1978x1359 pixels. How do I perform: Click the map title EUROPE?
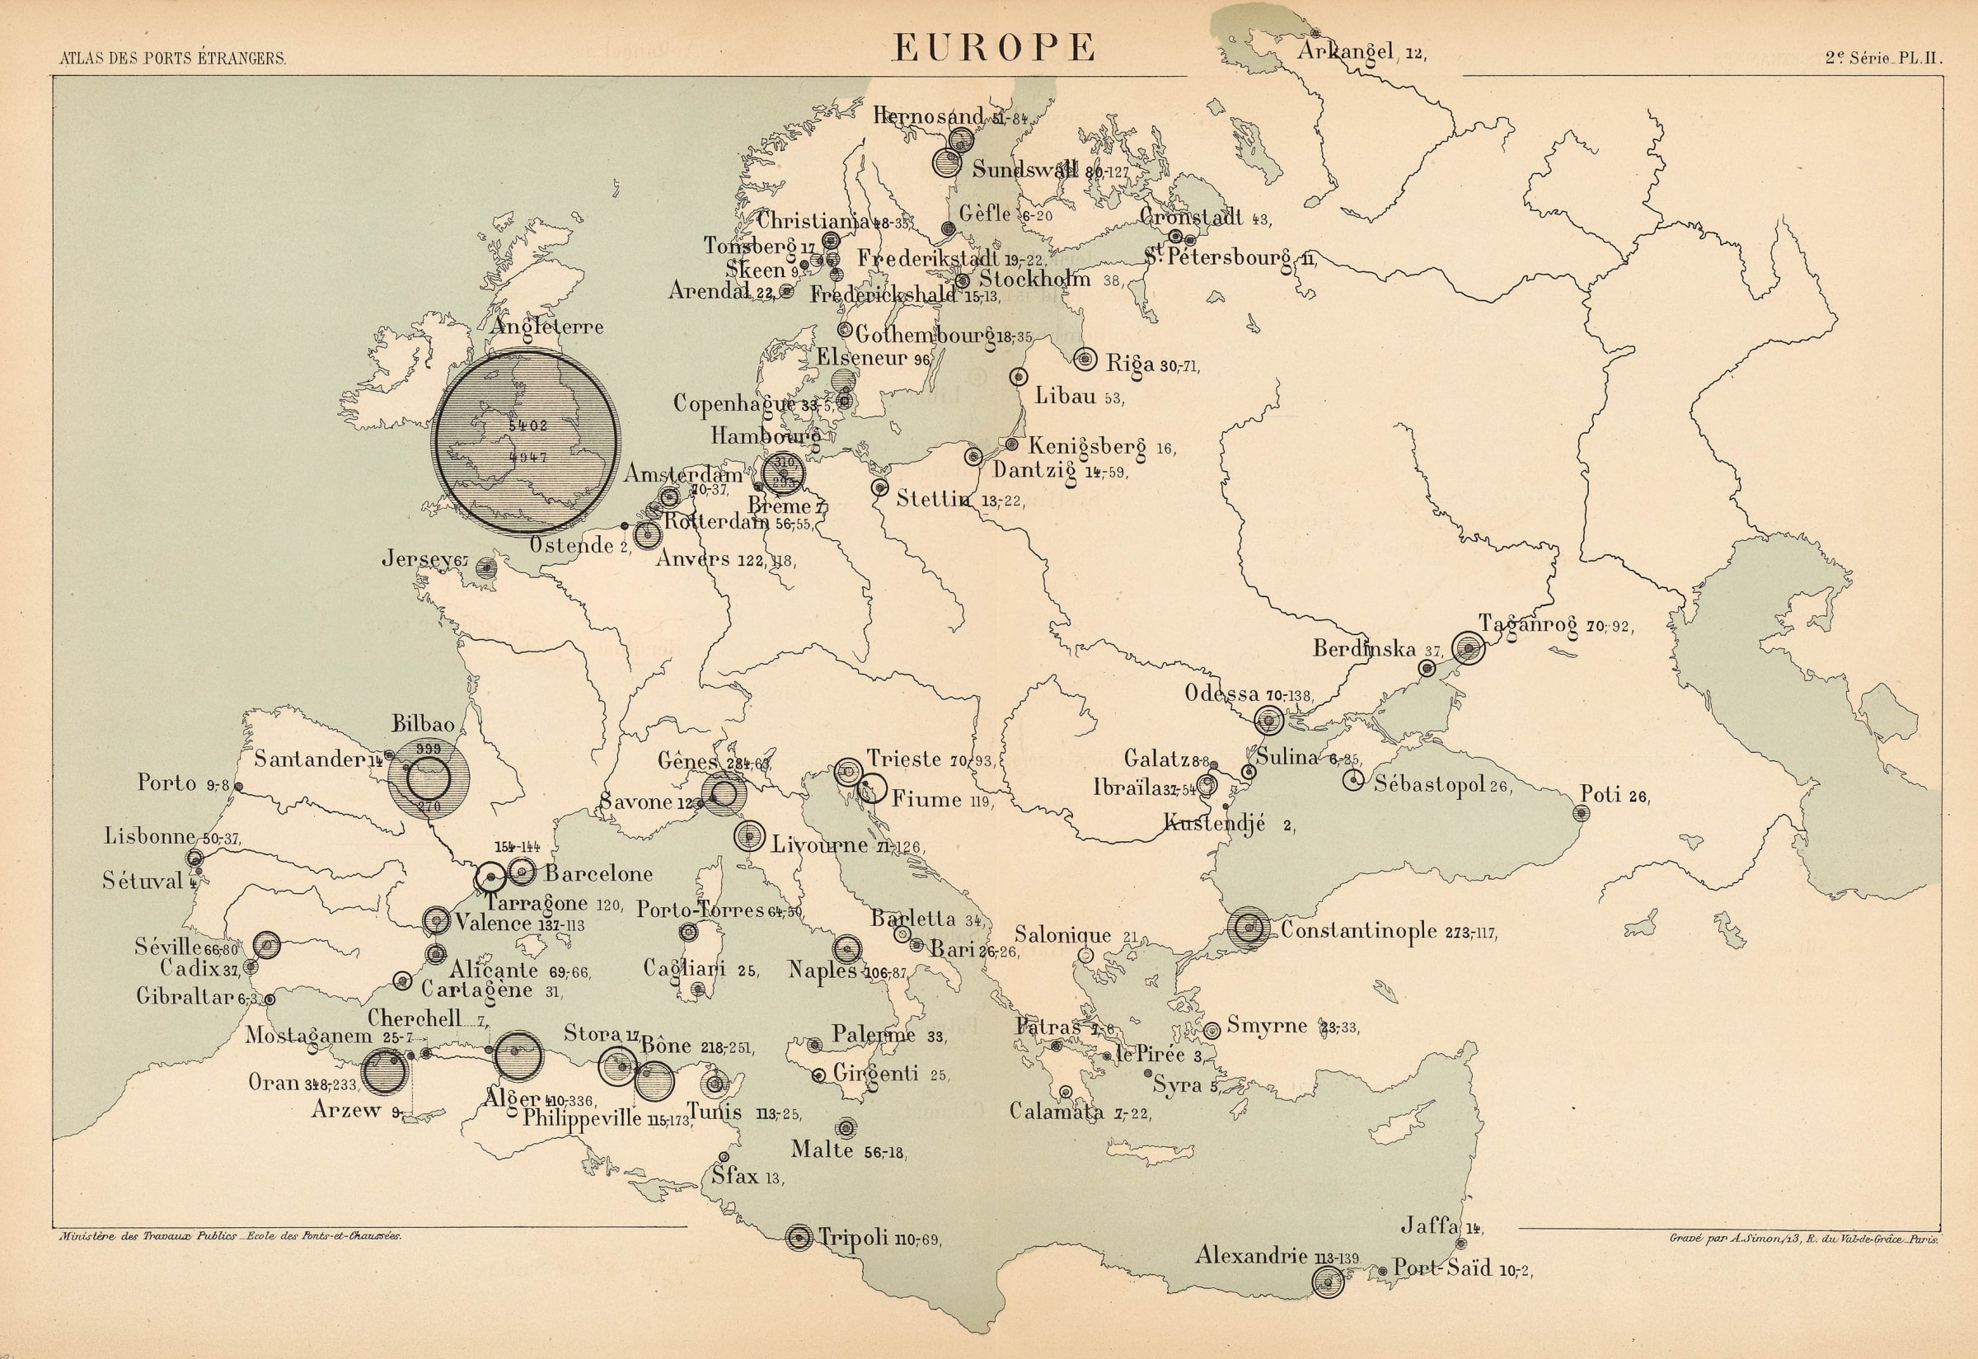pos(993,47)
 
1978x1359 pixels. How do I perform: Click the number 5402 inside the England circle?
pos(527,424)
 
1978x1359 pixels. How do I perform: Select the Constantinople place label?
pos(1358,930)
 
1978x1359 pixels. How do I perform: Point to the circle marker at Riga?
pos(1085,360)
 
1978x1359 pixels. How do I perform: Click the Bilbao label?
pos(423,724)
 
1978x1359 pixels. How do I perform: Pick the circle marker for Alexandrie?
pos(1327,1281)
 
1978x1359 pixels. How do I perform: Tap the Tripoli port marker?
pos(799,1237)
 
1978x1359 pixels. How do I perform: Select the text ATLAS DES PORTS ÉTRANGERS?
pos(173,59)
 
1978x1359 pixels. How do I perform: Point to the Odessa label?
pos(1221,694)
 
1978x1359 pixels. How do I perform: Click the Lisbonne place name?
pos(150,836)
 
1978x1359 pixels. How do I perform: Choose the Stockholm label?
pos(1034,279)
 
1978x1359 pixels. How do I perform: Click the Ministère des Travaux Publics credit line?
pos(230,1236)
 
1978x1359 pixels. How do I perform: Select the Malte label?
pos(822,1150)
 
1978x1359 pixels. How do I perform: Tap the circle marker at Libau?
pos(1018,376)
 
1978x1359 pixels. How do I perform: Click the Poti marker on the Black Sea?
pos(1582,812)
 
